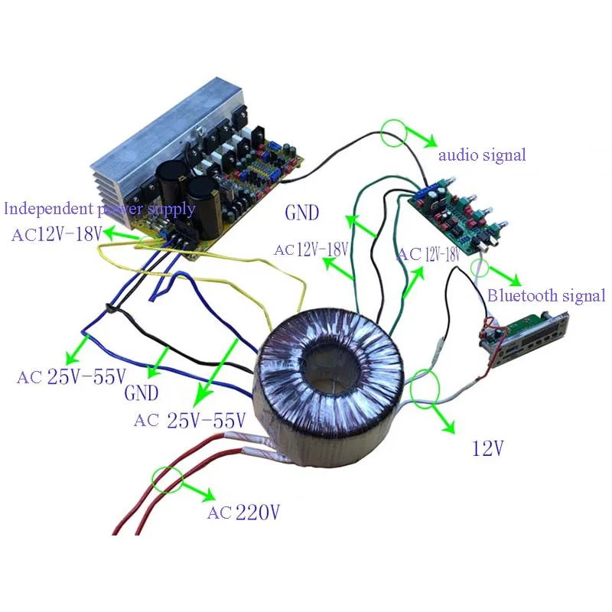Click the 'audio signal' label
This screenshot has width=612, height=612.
click(x=482, y=155)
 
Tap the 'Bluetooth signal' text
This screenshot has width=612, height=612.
click(x=546, y=295)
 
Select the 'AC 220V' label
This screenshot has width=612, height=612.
click(x=243, y=512)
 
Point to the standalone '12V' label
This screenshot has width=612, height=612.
click(x=488, y=448)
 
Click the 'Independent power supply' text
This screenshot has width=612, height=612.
click(x=99, y=209)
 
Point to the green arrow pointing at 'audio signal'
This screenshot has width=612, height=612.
click(x=421, y=137)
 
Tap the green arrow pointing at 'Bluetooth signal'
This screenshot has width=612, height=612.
click(x=504, y=276)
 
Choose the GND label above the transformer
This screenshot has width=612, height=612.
click(x=301, y=213)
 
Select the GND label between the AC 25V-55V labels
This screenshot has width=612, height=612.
click(x=142, y=392)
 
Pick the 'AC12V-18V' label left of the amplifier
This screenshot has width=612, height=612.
click(x=57, y=235)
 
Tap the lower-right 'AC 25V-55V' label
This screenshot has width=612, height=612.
click(x=190, y=420)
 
